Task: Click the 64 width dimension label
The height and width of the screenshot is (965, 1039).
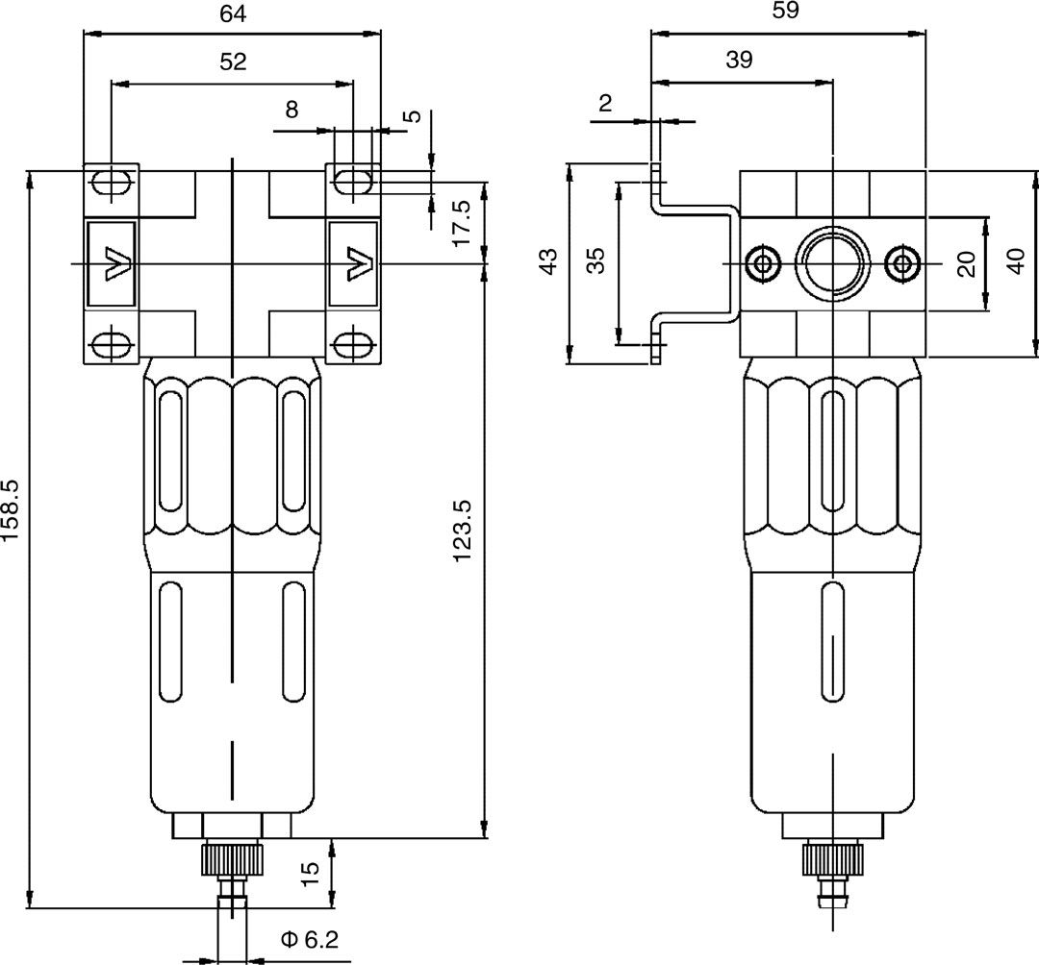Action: click(x=233, y=13)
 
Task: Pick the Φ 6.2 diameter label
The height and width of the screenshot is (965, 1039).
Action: click(x=310, y=939)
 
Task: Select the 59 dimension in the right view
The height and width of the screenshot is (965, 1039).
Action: click(x=786, y=11)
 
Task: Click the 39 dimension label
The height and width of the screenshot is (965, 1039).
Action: click(x=739, y=60)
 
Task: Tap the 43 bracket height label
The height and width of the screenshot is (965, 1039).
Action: click(x=547, y=262)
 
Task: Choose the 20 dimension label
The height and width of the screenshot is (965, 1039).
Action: click(x=968, y=262)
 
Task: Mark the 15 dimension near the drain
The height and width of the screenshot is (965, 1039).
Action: click(x=309, y=873)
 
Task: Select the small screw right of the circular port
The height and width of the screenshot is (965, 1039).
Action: click(x=901, y=262)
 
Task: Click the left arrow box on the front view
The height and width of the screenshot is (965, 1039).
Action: click(x=112, y=263)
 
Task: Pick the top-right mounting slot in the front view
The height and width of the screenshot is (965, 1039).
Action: click(x=354, y=181)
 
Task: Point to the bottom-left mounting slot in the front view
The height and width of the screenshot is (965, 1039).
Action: click(x=112, y=344)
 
